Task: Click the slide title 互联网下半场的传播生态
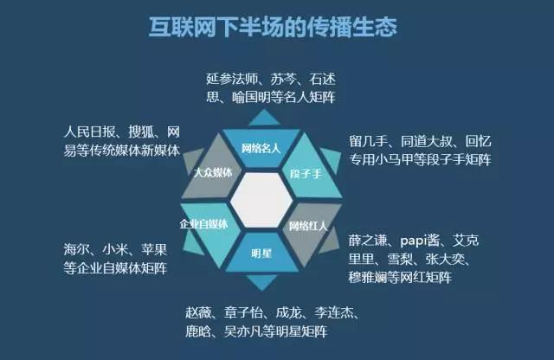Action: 273,27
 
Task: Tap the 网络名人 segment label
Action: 261,148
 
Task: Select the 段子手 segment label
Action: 306,174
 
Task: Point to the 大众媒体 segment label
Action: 214,172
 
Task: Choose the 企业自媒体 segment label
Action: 203,224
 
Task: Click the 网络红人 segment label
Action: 308,226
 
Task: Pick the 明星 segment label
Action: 261,254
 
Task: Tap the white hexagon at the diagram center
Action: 261,200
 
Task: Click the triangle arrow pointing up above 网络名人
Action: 264,118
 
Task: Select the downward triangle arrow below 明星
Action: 261,282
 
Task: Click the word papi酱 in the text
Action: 420,241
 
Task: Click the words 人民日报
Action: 90,132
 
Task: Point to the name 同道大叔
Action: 427,141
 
